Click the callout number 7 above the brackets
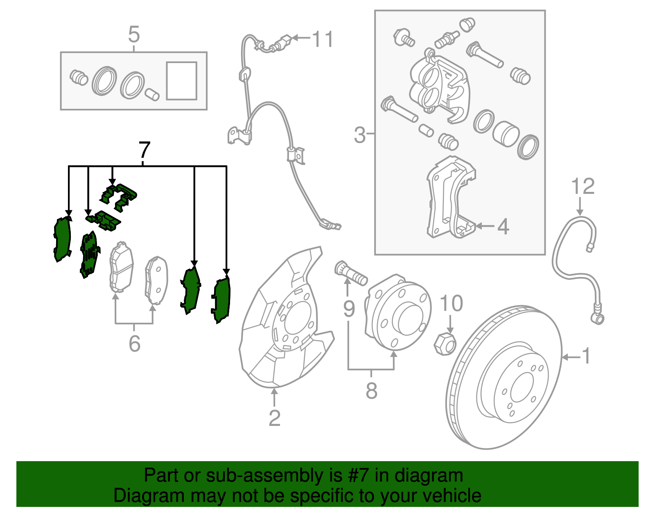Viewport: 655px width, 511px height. (x=145, y=151)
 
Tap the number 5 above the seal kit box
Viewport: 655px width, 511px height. (x=134, y=35)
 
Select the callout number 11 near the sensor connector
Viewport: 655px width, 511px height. (x=323, y=39)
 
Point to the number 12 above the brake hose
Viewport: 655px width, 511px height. (x=583, y=187)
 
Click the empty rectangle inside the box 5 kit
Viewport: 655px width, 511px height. (x=182, y=81)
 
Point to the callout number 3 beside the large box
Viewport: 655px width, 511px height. (x=359, y=135)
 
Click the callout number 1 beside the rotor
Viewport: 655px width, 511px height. (x=586, y=356)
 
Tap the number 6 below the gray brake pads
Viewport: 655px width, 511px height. (x=134, y=344)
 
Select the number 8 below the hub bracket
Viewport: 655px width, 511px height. (x=371, y=391)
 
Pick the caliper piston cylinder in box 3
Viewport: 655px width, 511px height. (x=506, y=134)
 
